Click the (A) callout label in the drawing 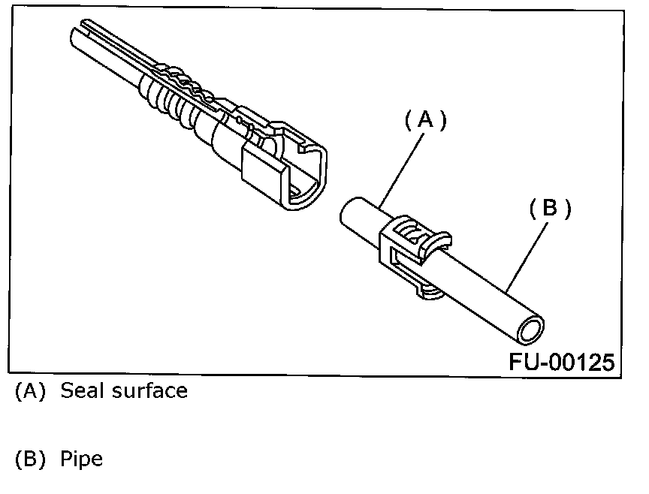tap(425, 120)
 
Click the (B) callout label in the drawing tap(550, 209)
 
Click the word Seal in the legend tap(83, 390)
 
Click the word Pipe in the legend tap(81, 459)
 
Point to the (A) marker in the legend tap(31, 391)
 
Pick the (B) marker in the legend tap(31, 459)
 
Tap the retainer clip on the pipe tap(409, 252)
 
